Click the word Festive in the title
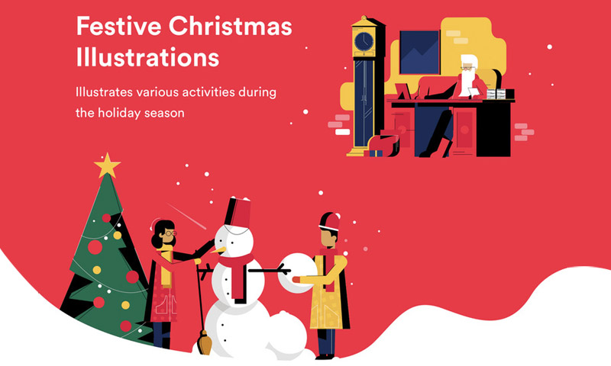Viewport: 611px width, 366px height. (119, 27)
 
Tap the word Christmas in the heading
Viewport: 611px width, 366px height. (231, 27)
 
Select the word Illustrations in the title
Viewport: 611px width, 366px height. (147, 56)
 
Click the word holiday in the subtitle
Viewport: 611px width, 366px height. (119, 113)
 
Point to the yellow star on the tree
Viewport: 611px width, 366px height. (107, 165)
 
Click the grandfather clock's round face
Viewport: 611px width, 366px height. (364, 42)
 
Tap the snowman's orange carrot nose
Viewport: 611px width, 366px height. (218, 249)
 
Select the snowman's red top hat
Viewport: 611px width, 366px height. (237, 213)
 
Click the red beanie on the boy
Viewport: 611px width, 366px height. (330, 222)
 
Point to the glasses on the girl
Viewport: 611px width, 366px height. (170, 233)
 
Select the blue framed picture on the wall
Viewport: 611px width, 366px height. (419, 52)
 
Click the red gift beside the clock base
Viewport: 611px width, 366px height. (383, 146)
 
